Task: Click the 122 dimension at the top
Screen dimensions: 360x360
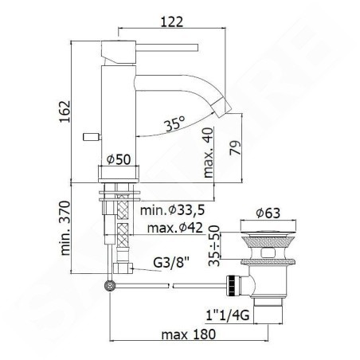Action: (172, 22)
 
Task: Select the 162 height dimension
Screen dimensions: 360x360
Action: (65, 112)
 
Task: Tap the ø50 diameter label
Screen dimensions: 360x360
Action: (119, 159)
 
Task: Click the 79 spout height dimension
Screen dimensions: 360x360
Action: (235, 147)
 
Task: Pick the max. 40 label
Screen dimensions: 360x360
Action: (208, 153)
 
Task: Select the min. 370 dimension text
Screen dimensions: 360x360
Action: (65, 229)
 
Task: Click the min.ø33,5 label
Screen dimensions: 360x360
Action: (173, 210)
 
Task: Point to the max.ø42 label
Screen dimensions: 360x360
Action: (174, 228)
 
